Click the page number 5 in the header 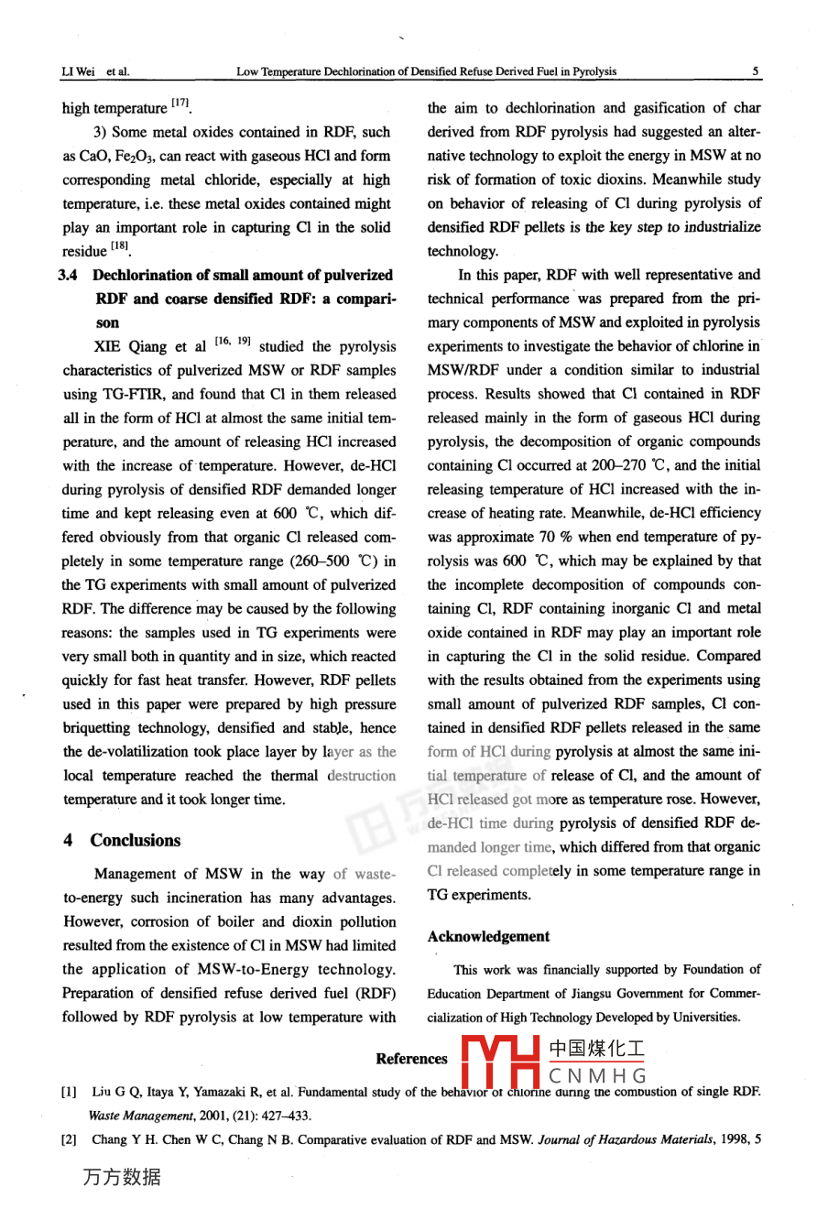(756, 71)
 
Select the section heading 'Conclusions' (136, 840)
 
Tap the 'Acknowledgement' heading (488, 936)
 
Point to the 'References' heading (411, 1059)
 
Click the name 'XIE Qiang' (134, 347)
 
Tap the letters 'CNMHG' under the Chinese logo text (597, 1075)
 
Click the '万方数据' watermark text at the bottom (122, 1177)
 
